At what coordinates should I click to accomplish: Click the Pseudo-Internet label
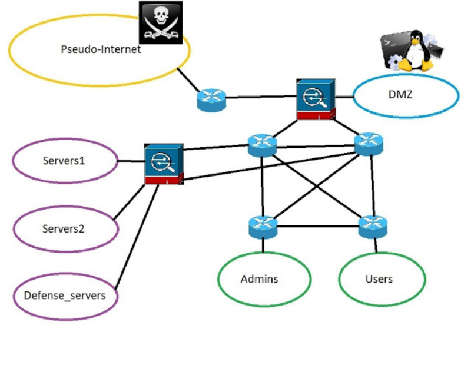click(x=101, y=49)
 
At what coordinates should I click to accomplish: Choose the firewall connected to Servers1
click(x=164, y=165)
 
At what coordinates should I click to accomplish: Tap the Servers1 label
click(x=64, y=160)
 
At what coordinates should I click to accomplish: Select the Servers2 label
click(x=64, y=228)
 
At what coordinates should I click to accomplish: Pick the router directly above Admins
click(x=262, y=225)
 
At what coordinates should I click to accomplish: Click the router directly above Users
click(x=373, y=225)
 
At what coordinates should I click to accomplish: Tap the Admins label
click(x=260, y=278)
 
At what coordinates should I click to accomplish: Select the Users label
click(x=379, y=278)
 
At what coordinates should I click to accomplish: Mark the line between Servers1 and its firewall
click(x=131, y=161)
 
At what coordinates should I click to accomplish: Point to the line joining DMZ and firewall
click(x=344, y=94)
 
